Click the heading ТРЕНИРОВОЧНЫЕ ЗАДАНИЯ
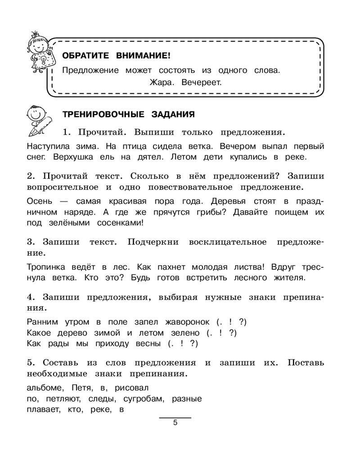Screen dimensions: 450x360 pyautogui.click(x=128, y=114)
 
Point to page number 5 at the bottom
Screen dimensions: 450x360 pyautogui.click(x=175, y=423)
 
